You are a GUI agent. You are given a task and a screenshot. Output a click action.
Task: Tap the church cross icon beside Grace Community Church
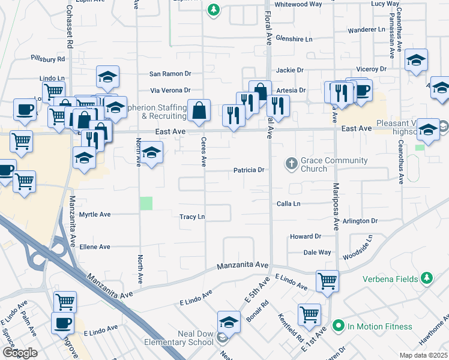point(291,163)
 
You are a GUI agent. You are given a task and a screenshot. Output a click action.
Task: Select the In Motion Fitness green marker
point(338,326)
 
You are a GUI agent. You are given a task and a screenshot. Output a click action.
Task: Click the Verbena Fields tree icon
point(427,278)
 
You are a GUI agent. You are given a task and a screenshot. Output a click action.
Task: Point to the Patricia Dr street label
point(249,170)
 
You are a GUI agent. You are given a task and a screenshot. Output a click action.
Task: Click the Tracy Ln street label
point(192,217)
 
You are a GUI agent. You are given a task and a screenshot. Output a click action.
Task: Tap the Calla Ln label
point(288,204)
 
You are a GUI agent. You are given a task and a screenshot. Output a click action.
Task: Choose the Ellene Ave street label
point(96,247)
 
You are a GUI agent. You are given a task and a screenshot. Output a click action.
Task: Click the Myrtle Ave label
point(95,214)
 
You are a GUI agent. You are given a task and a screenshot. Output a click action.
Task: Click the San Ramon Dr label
point(170,74)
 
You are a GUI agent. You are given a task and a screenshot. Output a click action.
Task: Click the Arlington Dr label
point(361,221)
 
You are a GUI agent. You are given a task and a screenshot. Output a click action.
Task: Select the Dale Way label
point(317,253)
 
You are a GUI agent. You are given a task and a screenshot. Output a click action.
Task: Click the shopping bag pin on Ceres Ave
point(199,110)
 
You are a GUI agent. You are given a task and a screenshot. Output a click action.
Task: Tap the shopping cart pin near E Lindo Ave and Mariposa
point(327,280)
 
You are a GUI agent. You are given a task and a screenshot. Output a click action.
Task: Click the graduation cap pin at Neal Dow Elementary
point(229,322)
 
